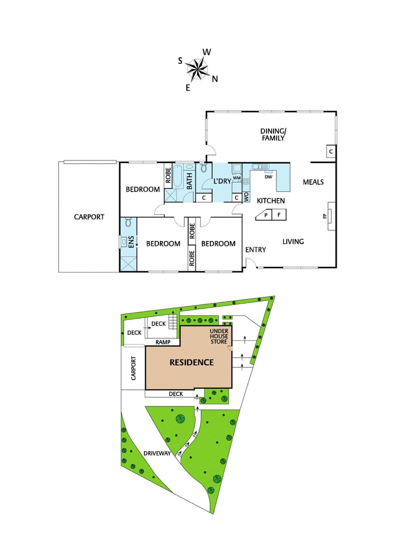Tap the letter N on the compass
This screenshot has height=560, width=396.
click(x=215, y=79)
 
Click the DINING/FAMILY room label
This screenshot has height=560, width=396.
click(x=273, y=134)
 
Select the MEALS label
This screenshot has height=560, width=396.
click(x=313, y=182)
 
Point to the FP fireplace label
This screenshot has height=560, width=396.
click(x=325, y=216)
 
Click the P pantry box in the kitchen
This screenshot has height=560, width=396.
click(x=265, y=215)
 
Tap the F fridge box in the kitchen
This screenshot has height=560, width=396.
click(x=279, y=215)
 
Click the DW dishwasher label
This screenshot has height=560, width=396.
click(x=268, y=177)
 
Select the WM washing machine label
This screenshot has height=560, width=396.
click(x=237, y=178)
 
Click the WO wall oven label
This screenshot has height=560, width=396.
click(x=246, y=197)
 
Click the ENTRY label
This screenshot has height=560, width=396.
click(x=256, y=250)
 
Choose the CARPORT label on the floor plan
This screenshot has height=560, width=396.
click(x=89, y=217)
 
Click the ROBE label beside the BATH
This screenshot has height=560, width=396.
click(x=168, y=175)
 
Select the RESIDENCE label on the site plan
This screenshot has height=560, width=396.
click(x=192, y=362)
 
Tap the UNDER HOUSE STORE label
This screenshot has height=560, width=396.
click(x=219, y=336)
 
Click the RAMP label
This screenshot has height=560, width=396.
click(x=163, y=342)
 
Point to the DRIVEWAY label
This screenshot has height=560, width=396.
click(x=157, y=453)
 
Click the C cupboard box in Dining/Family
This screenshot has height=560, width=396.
click(x=331, y=152)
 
